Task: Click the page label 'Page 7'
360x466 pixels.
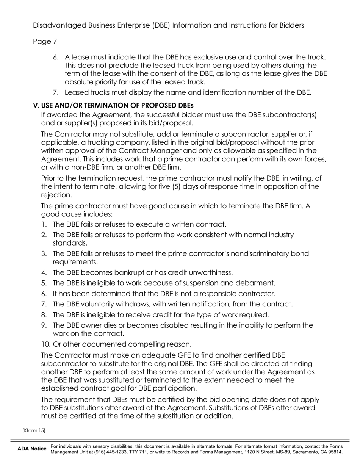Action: (x=45, y=41)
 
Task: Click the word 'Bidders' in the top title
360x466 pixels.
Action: (x=290, y=25)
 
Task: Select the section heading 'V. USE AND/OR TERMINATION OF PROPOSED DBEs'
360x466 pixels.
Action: (x=113, y=105)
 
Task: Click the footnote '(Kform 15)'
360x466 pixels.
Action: (x=34, y=430)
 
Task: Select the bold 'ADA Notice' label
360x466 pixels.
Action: (x=32, y=449)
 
